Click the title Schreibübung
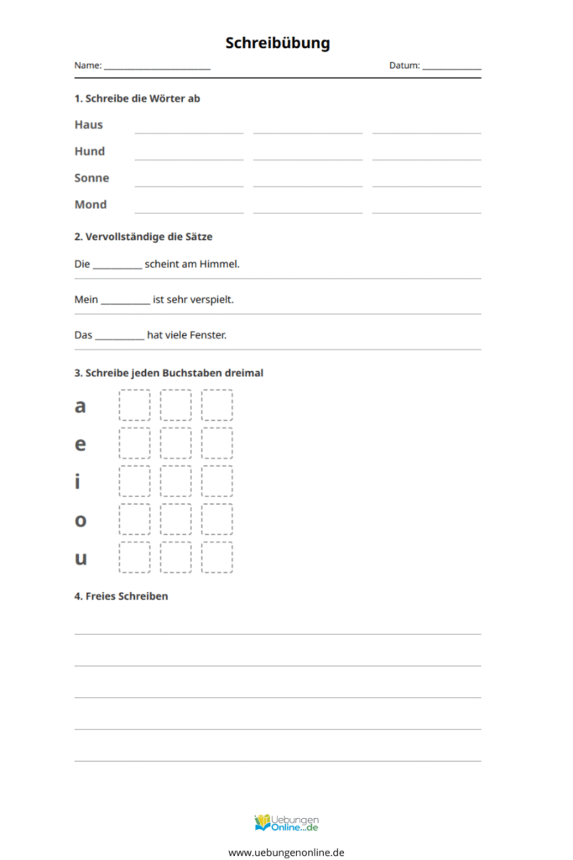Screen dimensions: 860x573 pos(278,42)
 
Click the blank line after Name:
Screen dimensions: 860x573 pos(157,67)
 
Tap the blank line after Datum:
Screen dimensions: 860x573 pos(451,67)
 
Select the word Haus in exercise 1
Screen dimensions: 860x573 pos(88,124)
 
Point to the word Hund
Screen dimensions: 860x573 pos(89,151)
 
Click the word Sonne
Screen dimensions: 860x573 pos(91,178)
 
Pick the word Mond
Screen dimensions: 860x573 pos(91,204)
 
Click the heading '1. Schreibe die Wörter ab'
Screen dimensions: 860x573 pos(137,98)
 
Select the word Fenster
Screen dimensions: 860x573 pos(207,335)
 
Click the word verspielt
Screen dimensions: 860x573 pos(206,300)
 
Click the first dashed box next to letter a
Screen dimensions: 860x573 pos(135,405)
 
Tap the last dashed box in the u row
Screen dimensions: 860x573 pos(217,557)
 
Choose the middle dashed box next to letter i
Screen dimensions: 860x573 pos(176,481)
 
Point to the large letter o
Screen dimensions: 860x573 pos(81,520)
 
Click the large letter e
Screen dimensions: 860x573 pos(81,443)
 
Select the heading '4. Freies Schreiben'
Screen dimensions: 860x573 pos(121,596)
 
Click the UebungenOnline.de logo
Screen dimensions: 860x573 pos(286,822)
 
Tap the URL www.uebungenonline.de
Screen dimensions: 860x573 pos(286,852)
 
